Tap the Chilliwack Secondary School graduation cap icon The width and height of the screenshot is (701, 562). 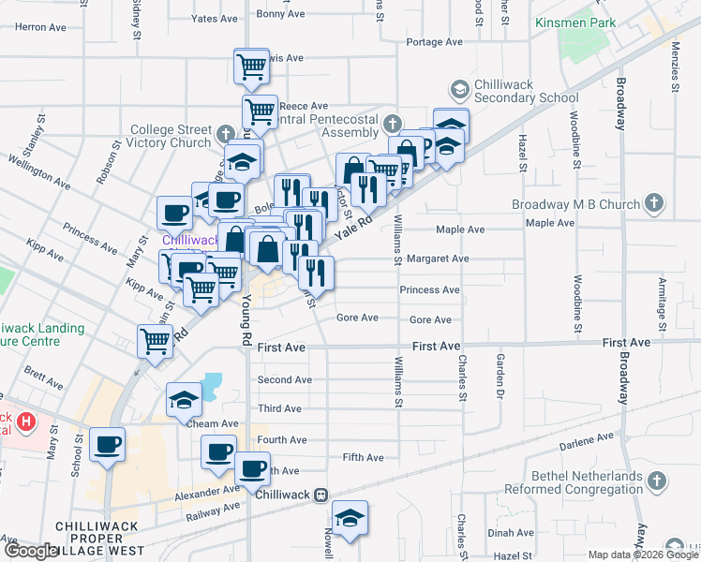[459, 90]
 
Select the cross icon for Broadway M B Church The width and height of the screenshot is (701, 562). [654, 202]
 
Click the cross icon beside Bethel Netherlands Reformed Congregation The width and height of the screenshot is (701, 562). [658, 481]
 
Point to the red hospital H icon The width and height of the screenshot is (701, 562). [26, 421]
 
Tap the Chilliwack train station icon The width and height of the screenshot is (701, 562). [321, 494]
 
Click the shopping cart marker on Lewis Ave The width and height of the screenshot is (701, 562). [250, 67]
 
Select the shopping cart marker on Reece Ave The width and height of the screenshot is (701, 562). [260, 111]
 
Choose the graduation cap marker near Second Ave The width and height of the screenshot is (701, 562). [184, 399]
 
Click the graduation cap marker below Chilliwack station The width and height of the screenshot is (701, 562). [350, 517]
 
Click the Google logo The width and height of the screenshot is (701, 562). [30, 551]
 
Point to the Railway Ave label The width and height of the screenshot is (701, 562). [214, 510]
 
